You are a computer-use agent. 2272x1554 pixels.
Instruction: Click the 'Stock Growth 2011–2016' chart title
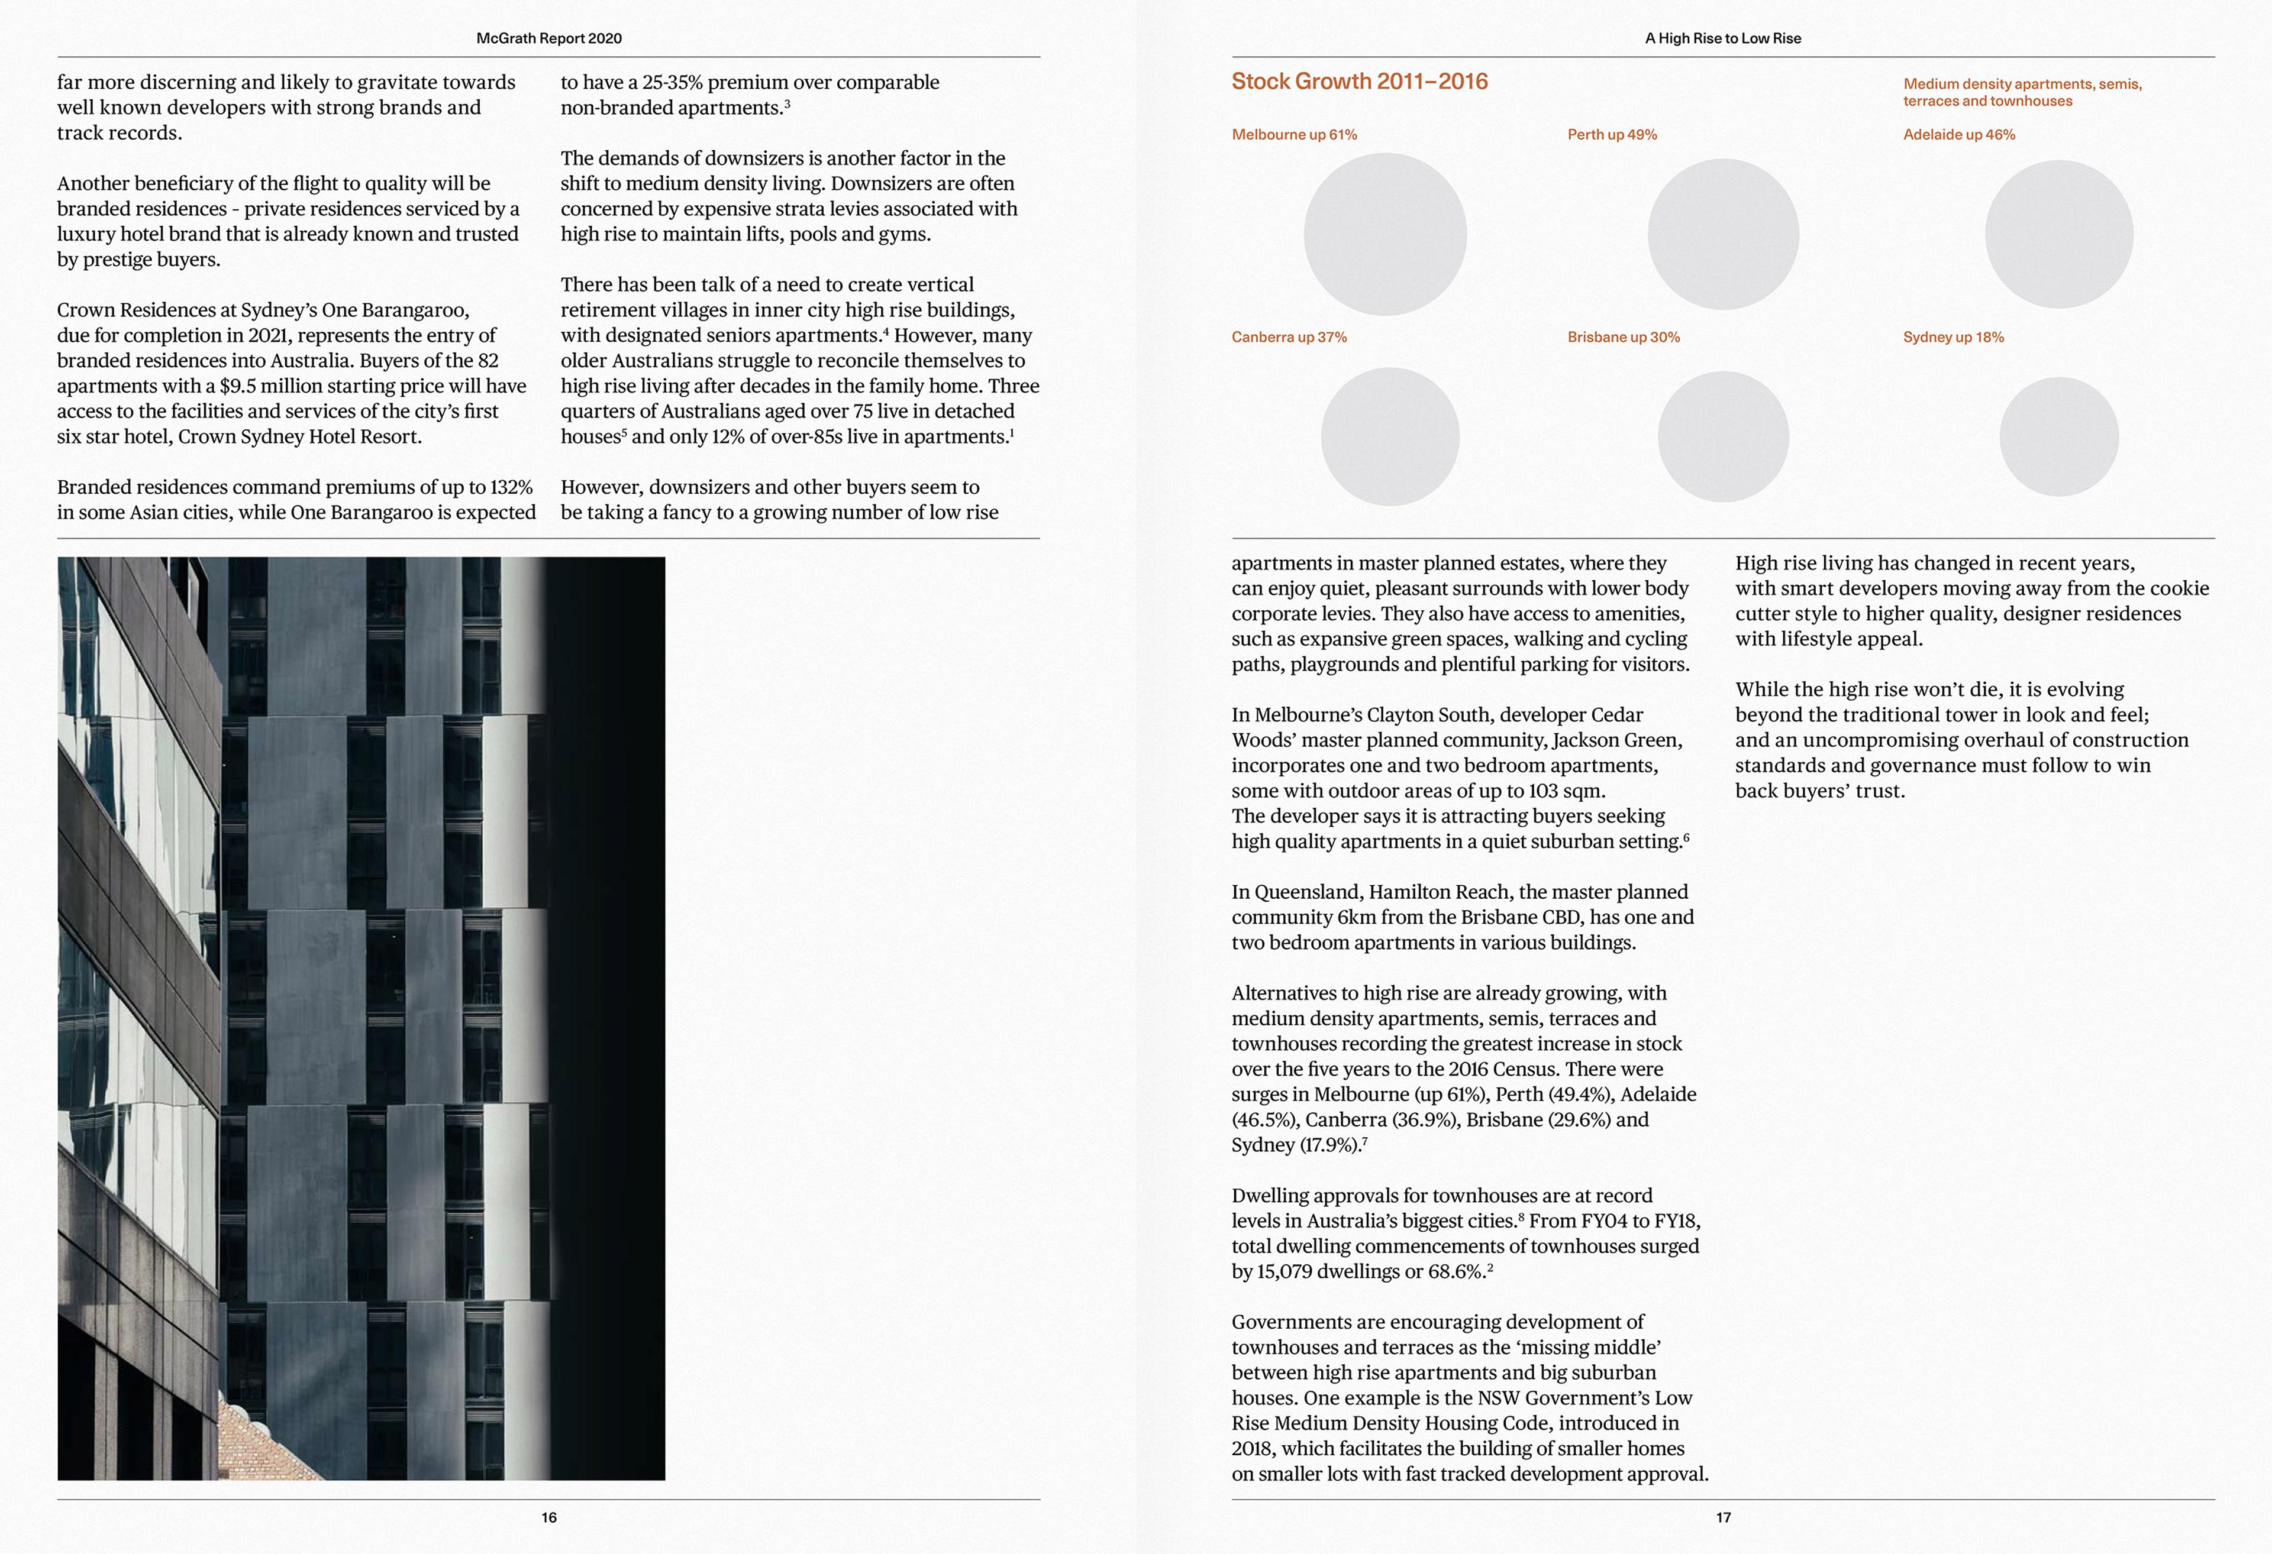(x=1359, y=81)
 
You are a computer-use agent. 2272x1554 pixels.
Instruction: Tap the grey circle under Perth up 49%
(x=1722, y=235)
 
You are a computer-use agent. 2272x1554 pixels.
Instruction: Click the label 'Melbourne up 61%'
(x=1293, y=135)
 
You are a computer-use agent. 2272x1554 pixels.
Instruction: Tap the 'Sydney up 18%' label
(x=1952, y=337)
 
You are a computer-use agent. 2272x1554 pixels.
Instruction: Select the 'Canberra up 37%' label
(x=1289, y=337)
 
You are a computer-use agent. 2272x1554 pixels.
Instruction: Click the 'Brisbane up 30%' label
(x=1623, y=337)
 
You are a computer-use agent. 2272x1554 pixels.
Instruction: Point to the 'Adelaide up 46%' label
(x=1958, y=135)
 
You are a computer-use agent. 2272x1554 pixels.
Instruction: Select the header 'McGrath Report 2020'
(x=548, y=38)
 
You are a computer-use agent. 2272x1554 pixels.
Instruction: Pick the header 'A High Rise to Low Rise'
(x=1722, y=38)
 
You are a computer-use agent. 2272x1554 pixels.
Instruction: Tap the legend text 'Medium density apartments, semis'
(x=2022, y=84)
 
